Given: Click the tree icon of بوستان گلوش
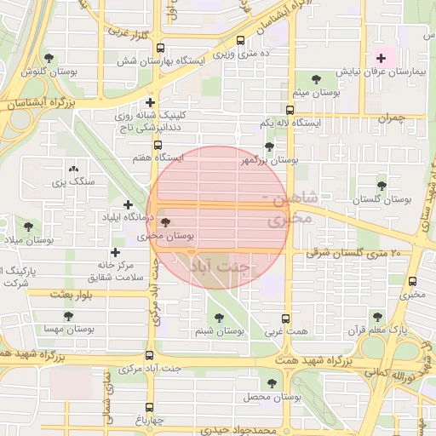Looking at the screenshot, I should coord(49,59).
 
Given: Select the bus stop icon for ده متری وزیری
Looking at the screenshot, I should coord(240,40).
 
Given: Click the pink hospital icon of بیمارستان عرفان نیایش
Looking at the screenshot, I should coord(381,59).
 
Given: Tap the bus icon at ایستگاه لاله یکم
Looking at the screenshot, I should coord(290,110).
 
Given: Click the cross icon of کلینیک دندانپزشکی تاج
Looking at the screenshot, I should coord(150,103).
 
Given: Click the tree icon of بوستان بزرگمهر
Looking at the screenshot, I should coord(270,146).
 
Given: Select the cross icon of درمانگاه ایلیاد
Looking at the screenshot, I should coord(128,204).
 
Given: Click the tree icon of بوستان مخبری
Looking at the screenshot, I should coord(164,221).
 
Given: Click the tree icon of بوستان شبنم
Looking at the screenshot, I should coord(221,317).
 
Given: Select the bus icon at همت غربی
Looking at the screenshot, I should coord(286,318).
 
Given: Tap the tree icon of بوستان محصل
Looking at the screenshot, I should coord(272,384).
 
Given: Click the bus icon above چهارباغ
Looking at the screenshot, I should coord(150,407).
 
